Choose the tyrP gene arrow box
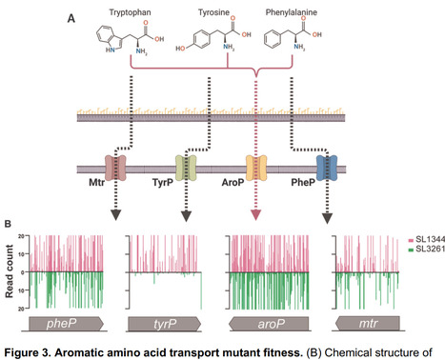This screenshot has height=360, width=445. point(164,324)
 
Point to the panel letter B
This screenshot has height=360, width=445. point(9,225)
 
